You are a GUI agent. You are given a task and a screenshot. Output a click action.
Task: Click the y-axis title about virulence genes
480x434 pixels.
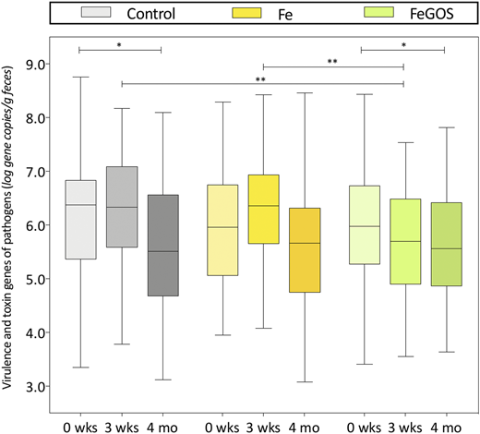[x=12, y=222]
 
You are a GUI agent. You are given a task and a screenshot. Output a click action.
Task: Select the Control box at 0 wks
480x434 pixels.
[x=80, y=220]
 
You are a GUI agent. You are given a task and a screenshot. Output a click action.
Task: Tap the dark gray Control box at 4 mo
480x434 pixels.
[x=162, y=246]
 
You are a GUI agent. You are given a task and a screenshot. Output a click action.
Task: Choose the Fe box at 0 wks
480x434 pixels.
[x=221, y=230]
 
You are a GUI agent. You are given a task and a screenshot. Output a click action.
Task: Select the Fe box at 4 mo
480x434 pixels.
[x=304, y=250]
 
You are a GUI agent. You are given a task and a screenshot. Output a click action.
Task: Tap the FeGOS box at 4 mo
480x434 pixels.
[x=445, y=244]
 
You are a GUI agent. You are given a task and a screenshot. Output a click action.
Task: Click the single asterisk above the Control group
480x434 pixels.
[x=120, y=42]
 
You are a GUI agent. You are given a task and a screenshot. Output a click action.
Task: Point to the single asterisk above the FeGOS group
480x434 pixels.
[x=402, y=42]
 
